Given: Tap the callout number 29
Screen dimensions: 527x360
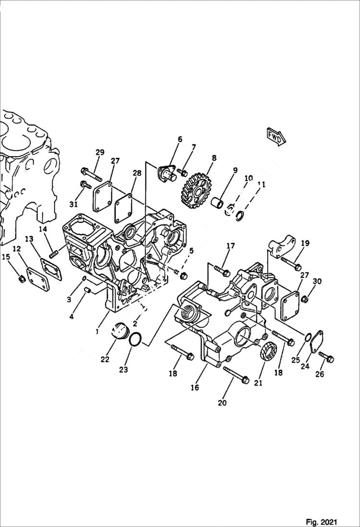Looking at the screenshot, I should click(99, 152).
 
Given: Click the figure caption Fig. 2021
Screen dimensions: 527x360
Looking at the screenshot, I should click(321, 522).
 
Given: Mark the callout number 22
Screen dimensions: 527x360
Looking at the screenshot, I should click(105, 359).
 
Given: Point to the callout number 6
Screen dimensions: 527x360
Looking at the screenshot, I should click(180, 139).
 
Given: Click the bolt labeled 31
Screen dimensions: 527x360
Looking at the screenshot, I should click(87, 184).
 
